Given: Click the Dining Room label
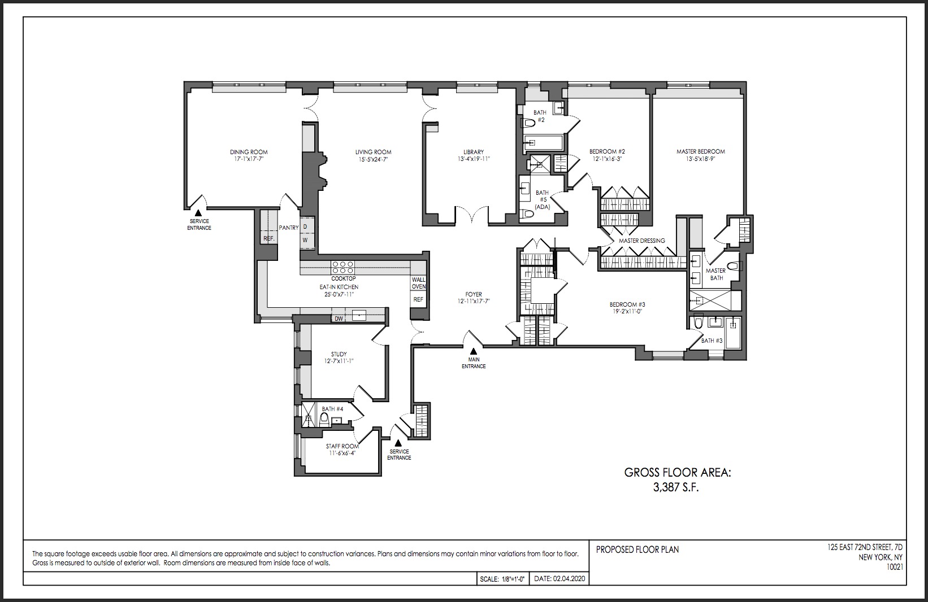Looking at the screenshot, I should tap(249, 152).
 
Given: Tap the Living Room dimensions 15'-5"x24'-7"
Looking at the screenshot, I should tap(373, 160).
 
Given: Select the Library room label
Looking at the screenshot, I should tap(473, 152).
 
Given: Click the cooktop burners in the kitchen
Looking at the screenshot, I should tap(343, 264).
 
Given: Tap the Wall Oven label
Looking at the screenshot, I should tap(419, 283).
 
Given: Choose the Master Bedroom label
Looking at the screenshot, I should tap(700, 151).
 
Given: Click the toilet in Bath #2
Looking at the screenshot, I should tap(529, 123).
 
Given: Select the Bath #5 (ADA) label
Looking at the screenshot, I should tap(542, 200).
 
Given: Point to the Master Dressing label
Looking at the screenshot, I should tap(641, 241).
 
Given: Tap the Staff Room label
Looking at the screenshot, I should tap(342, 446).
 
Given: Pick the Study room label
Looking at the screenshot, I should tap(339, 354).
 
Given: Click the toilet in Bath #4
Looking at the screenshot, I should tap(324, 419).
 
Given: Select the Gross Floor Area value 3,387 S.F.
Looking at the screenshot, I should tap(676, 488).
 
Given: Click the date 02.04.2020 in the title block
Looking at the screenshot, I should tap(571, 579).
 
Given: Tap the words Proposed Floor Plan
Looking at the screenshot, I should tap(638, 549).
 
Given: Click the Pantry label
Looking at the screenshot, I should tap(289, 228).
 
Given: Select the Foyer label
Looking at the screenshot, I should tap(474, 294).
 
